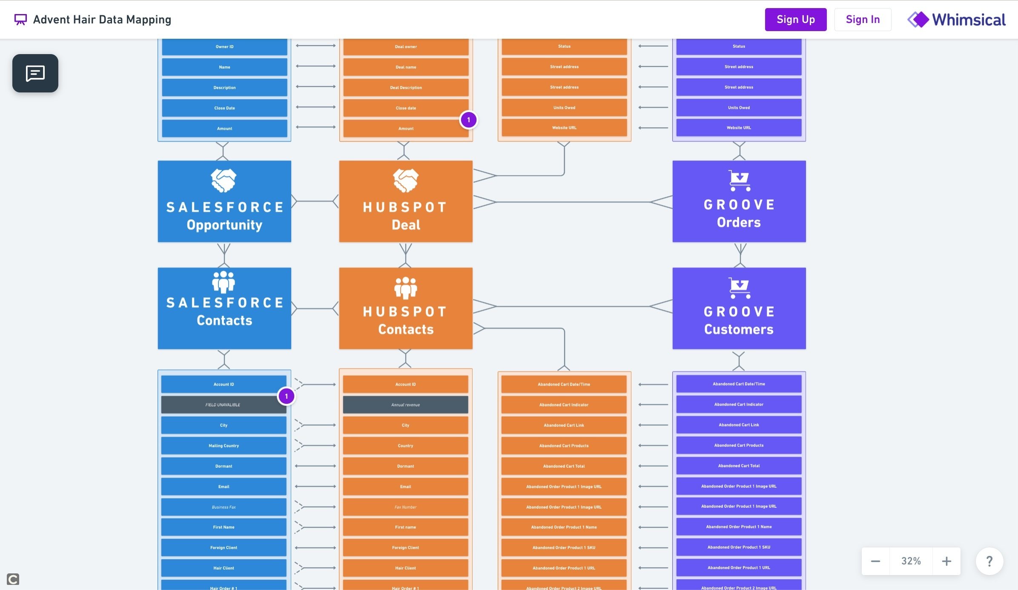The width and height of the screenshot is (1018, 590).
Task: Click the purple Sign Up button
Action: [795, 20]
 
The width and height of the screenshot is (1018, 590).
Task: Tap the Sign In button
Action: [862, 20]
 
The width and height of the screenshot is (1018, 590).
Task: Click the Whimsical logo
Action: [956, 20]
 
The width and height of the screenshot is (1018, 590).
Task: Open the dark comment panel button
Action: [35, 73]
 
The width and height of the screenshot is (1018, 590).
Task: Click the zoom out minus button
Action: [875, 561]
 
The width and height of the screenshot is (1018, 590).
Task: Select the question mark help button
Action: [989, 561]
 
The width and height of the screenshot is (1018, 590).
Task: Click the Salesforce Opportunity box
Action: [224, 201]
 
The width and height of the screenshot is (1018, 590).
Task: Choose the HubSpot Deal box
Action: [406, 201]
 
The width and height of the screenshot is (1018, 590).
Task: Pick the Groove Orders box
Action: [739, 201]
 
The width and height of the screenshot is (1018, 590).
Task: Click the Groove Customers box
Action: [739, 308]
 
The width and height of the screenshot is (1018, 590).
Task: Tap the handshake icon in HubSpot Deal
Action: [405, 180]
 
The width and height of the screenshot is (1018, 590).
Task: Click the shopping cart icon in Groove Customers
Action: [739, 288]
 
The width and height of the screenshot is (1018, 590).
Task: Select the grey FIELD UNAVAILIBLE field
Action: [223, 405]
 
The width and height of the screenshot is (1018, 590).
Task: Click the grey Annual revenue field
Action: [405, 405]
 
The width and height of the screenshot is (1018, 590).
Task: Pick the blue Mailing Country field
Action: [224, 446]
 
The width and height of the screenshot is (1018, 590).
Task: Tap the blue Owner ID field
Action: [224, 47]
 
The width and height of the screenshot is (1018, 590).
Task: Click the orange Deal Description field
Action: [406, 88]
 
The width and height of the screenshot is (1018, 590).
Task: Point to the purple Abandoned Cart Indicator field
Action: [739, 404]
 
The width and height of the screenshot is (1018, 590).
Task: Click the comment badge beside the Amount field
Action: [468, 120]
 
